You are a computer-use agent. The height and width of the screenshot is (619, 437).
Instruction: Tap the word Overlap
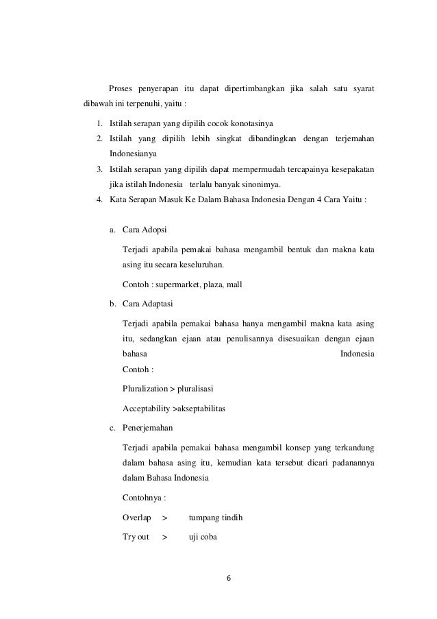[136, 518]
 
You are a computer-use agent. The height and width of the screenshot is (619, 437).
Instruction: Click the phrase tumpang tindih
[215, 518]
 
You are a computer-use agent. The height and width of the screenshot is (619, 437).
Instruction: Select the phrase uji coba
[202, 537]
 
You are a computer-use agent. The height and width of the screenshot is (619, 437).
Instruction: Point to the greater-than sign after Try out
[164, 537]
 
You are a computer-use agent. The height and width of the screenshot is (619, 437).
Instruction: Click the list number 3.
[99, 169]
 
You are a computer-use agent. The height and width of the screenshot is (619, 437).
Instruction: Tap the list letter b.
[112, 302]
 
